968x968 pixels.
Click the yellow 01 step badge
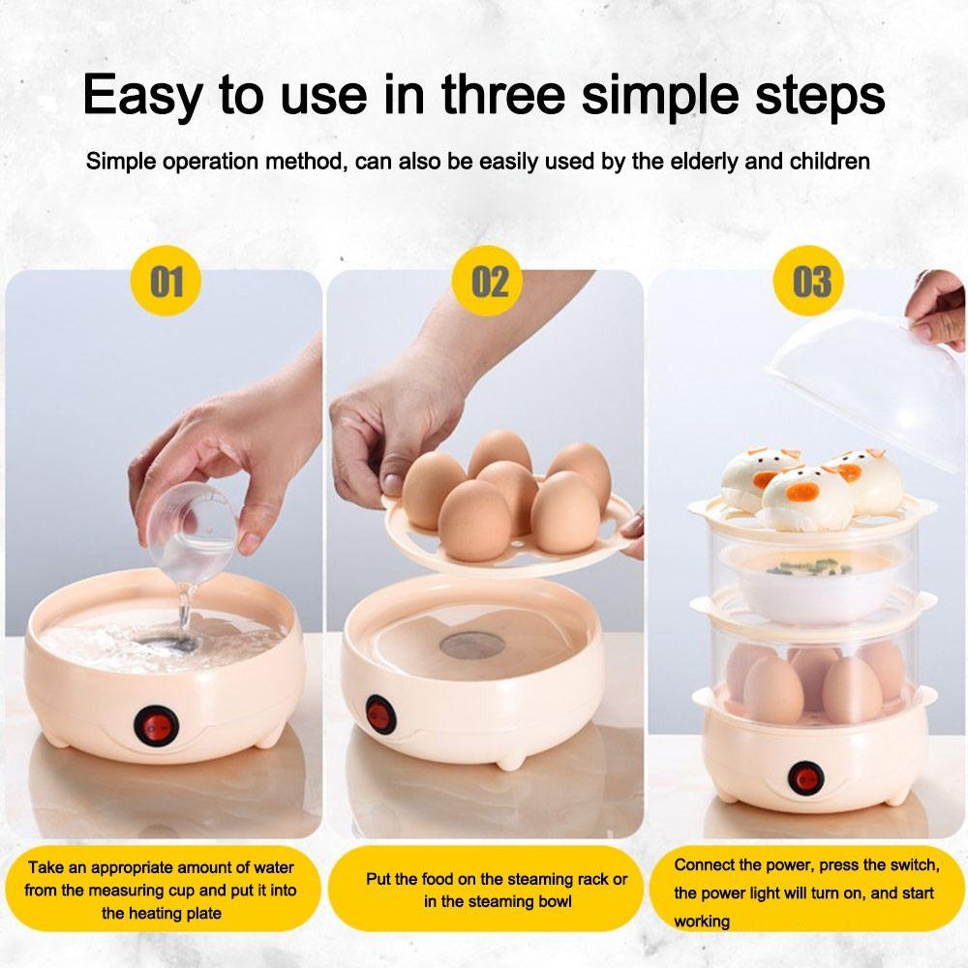[x=166, y=282]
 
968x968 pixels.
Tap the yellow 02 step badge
[x=490, y=282]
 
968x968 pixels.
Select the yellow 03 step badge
[x=811, y=282]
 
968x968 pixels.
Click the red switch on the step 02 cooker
[x=378, y=713]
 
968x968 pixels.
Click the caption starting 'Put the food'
[x=497, y=891]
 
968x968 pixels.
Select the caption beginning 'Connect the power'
[x=805, y=892]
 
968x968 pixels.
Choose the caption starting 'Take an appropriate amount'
[x=161, y=891]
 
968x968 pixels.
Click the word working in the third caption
[x=702, y=921]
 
